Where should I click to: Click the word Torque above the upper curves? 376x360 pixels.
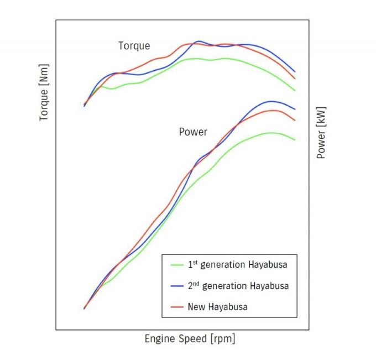(134, 45)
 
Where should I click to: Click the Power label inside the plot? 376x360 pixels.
(193, 132)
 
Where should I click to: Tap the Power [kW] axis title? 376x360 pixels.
(321, 133)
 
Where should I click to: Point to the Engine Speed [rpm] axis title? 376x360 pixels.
(190, 338)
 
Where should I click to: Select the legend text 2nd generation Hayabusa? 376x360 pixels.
(238, 285)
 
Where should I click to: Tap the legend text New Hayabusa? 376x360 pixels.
(217, 306)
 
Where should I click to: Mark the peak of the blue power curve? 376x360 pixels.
(270, 101)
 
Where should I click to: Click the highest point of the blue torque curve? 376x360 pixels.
(199, 41)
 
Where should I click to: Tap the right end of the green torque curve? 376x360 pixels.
(295, 90)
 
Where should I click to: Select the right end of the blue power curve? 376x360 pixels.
(295, 109)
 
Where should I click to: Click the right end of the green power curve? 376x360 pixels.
(295, 140)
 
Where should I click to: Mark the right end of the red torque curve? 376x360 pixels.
(295, 79)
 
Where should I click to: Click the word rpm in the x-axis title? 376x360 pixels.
(222, 338)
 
